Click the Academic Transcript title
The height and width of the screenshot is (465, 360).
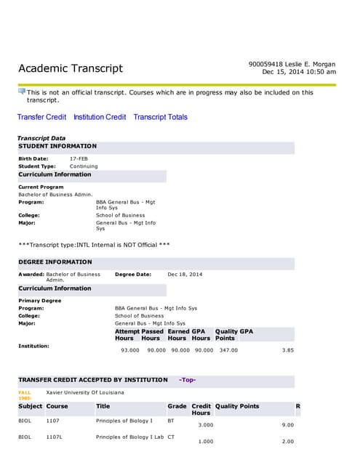(x=71, y=69)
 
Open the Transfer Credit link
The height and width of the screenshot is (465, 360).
(x=41, y=117)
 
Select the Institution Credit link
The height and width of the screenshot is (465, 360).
(x=100, y=117)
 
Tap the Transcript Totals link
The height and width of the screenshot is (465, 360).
(x=160, y=117)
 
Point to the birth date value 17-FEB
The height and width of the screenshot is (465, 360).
(x=79, y=158)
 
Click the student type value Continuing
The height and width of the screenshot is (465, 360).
(x=84, y=166)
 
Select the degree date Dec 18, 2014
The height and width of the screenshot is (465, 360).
(x=185, y=274)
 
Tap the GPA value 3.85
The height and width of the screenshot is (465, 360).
(x=287, y=350)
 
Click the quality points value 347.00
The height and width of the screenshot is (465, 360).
(x=228, y=350)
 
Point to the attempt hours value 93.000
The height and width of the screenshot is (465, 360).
(x=130, y=350)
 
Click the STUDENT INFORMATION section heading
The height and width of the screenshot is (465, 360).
(x=57, y=146)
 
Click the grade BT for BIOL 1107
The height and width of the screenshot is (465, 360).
(x=171, y=421)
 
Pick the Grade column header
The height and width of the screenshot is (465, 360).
(x=177, y=406)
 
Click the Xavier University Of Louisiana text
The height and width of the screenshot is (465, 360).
(x=85, y=392)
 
